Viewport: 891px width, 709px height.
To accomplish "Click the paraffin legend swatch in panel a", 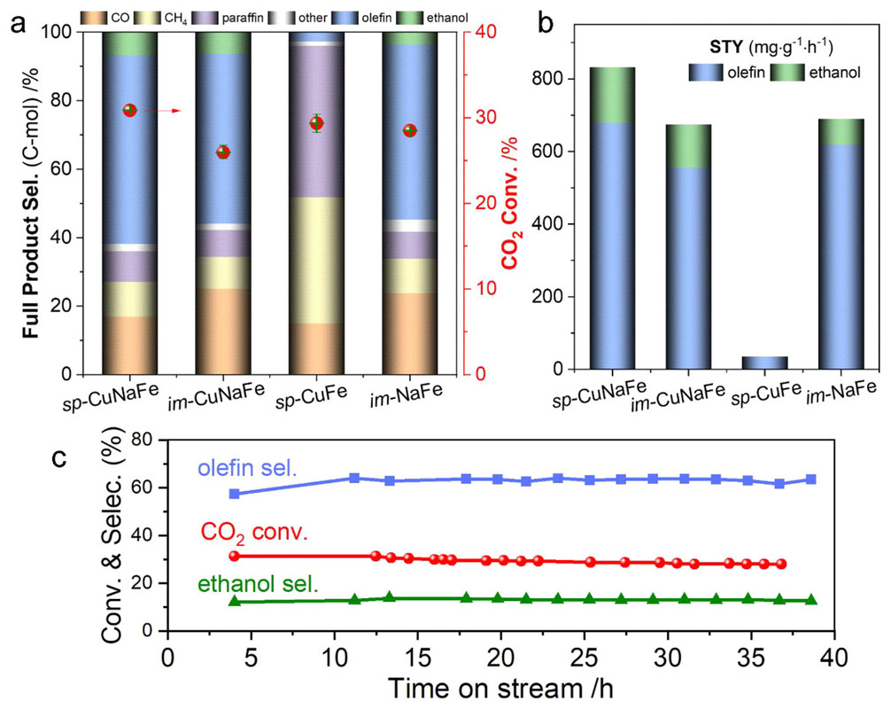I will pos(223,16).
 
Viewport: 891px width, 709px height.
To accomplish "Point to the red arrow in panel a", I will pos(162,111).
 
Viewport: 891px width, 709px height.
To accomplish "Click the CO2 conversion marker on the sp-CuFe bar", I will pos(316,123).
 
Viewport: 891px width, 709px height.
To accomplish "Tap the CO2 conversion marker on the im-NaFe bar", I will pos(409,130).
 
